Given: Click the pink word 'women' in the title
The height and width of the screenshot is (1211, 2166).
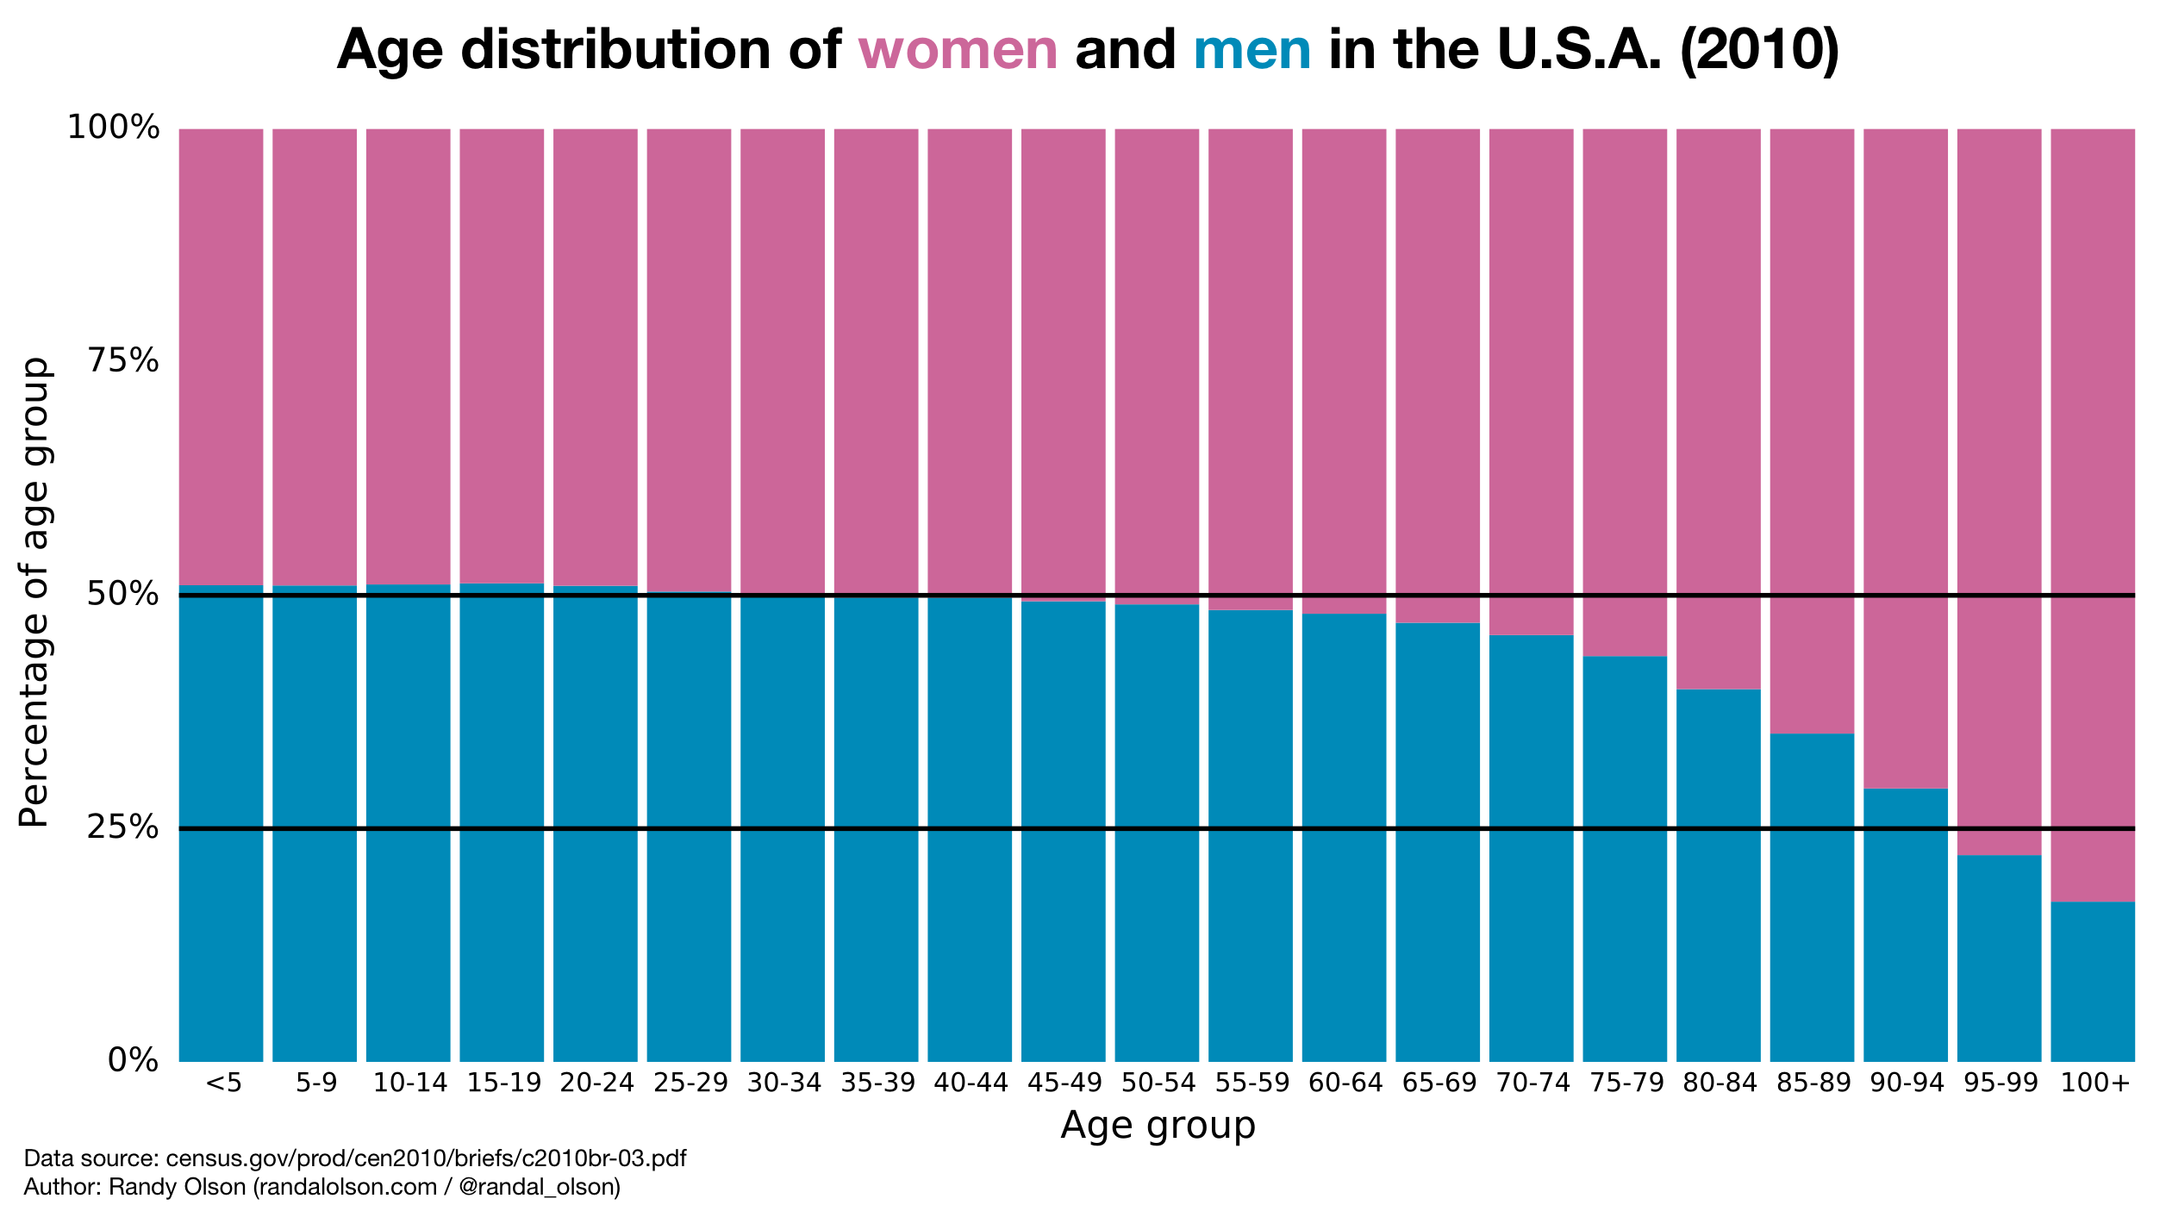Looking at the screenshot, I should click(x=958, y=50).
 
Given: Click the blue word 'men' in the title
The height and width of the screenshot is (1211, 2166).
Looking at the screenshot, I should click(x=1252, y=50).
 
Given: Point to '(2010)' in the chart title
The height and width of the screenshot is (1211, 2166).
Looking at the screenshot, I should click(x=1759, y=50).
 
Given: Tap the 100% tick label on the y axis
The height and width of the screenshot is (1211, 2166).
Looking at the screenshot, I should click(x=114, y=128).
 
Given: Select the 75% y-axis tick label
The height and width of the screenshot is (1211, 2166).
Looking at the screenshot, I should click(x=124, y=361).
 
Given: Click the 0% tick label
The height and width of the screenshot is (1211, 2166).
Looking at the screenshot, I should click(x=133, y=1061).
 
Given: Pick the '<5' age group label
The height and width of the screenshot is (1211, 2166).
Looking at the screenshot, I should click(x=223, y=1083).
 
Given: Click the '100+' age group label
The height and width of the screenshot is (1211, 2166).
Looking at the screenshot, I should click(x=2094, y=1083).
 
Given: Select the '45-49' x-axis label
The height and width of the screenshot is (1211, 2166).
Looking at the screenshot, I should click(x=1064, y=1083).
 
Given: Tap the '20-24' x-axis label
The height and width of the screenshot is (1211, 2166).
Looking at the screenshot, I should click(x=596, y=1083).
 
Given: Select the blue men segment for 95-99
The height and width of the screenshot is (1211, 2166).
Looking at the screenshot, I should click(x=1999, y=957).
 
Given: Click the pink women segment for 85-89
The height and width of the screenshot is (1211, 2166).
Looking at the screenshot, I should click(x=1812, y=431).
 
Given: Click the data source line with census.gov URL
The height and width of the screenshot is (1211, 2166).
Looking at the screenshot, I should click(x=355, y=1158).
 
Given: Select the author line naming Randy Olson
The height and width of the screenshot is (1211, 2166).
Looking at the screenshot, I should click(x=321, y=1187).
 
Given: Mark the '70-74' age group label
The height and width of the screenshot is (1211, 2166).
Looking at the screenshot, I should click(x=1532, y=1083).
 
